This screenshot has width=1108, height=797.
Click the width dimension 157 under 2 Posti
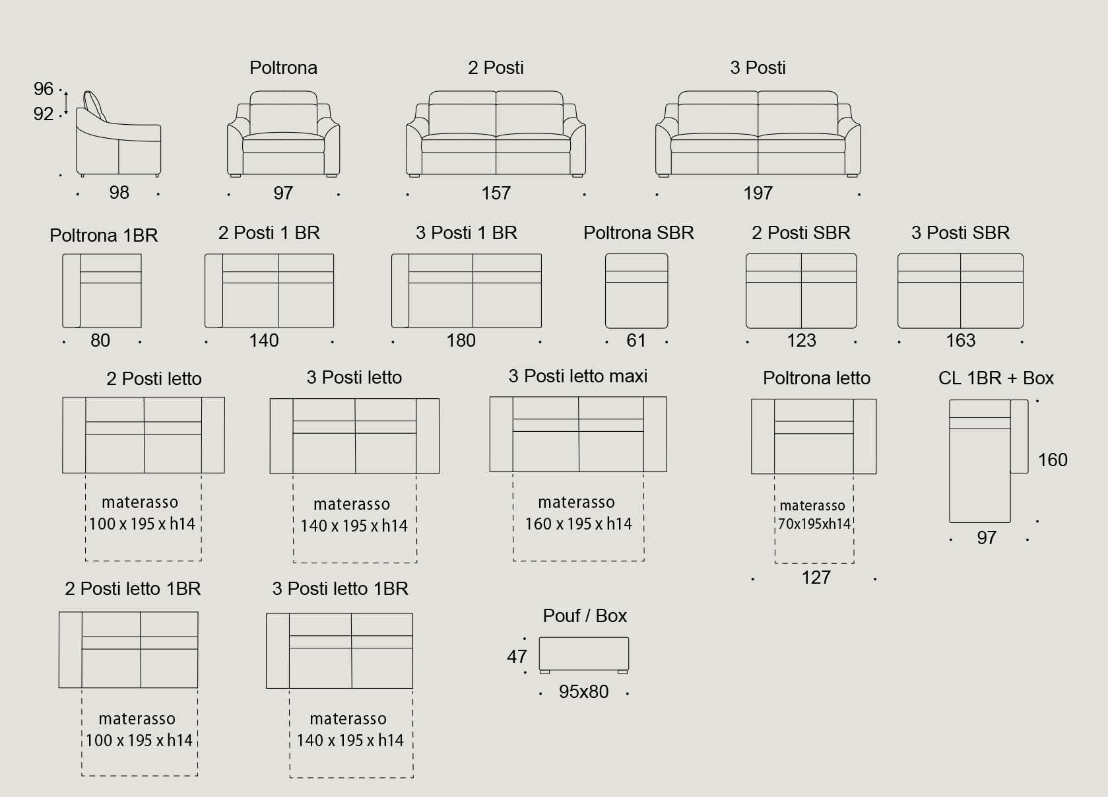[496, 193]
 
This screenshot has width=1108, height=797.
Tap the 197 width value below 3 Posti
[758, 193]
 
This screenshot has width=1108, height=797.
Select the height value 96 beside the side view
[44, 88]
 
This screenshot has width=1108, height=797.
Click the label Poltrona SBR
[638, 232]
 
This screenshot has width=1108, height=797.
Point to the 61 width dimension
[636, 340]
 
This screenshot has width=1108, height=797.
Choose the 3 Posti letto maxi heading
[577, 376]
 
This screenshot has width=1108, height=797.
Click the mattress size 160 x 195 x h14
[578, 524]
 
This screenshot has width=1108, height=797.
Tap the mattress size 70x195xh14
[814, 524]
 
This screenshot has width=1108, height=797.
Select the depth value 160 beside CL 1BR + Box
[1053, 460]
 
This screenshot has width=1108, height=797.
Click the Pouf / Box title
[585, 615]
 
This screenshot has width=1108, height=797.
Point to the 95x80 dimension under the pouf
[583, 691]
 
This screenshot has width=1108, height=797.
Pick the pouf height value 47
[517, 656]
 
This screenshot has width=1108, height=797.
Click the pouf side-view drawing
[583, 654]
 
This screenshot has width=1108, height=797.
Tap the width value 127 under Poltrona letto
[816, 577]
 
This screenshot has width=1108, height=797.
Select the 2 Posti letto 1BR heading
[133, 588]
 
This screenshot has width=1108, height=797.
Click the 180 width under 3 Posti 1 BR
[461, 340]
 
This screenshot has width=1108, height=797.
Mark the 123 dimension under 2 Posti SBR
[801, 340]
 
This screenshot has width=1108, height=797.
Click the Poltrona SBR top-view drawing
[636, 291]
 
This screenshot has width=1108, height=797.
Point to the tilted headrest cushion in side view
[94, 104]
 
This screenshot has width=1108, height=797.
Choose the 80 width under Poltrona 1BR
[100, 340]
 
